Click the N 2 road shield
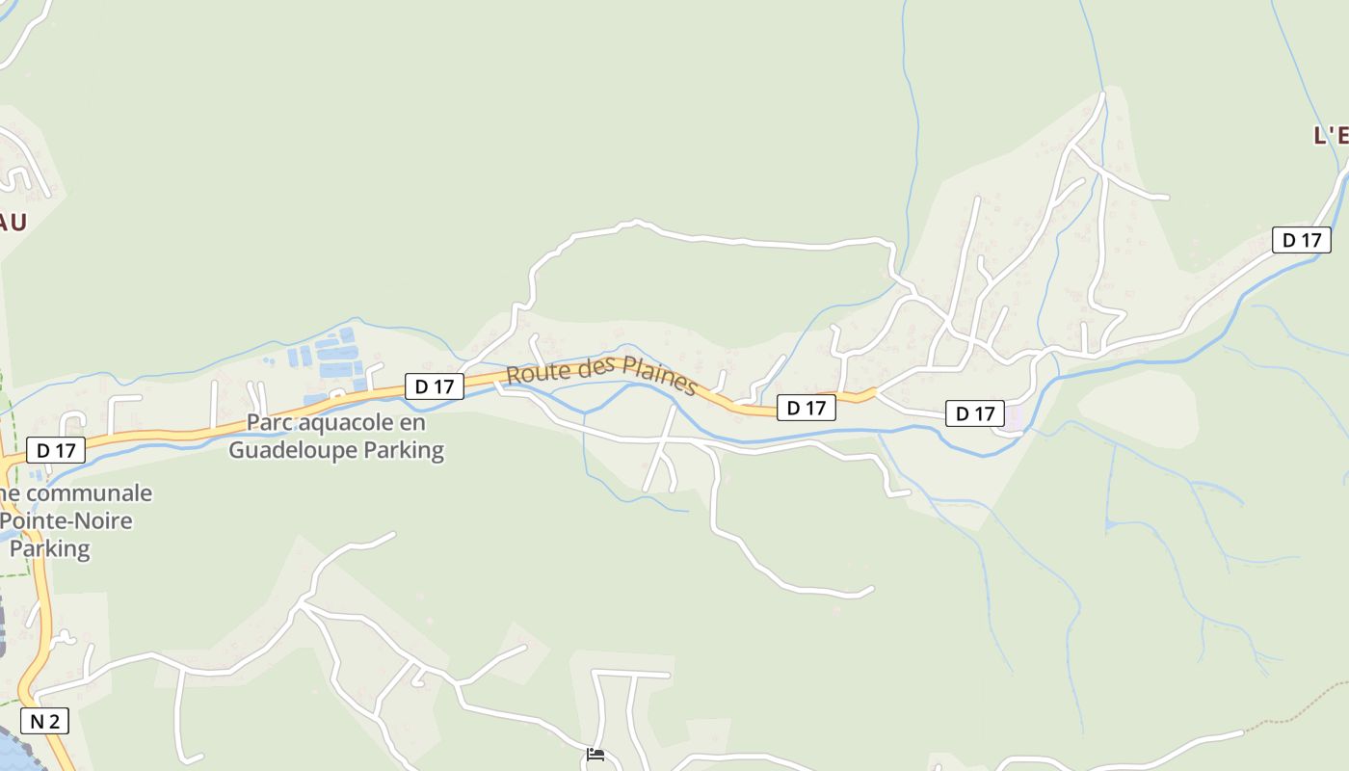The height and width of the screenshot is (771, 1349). coord(44,721)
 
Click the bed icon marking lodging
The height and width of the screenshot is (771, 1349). coord(595,754)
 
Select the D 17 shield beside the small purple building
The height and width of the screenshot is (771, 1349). coord(974,413)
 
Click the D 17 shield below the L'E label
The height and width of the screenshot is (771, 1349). coord(1301,240)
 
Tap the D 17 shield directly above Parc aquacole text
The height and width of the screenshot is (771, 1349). coord(434,386)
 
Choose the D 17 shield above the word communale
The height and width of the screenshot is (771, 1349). coord(56,449)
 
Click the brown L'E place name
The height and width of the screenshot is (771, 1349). coord(1330,136)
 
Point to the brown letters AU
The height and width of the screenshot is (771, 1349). coord(12,223)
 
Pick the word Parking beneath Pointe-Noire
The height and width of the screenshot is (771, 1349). coord(50,549)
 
